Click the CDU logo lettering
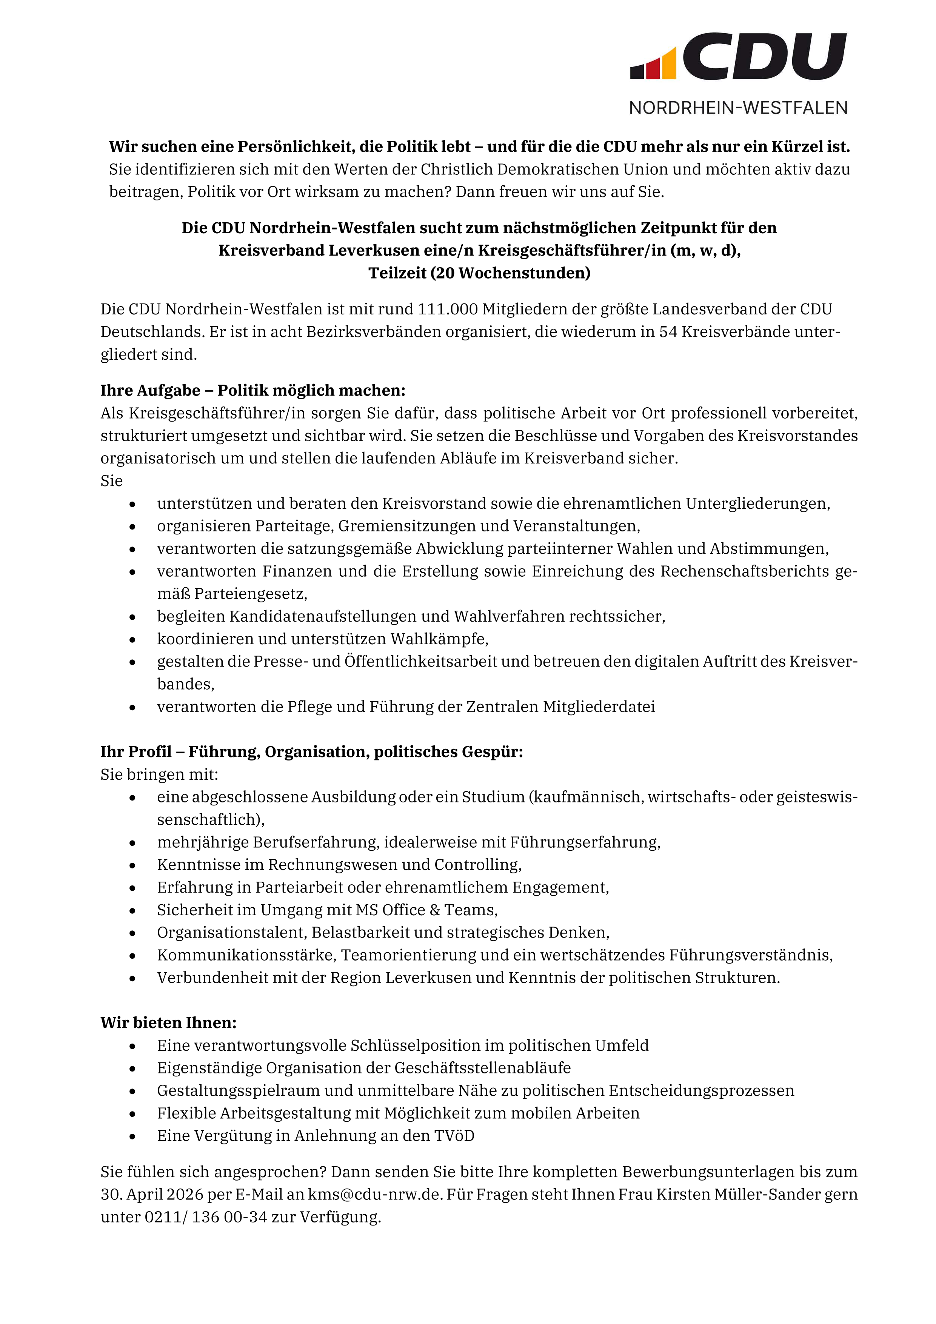(x=764, y=57)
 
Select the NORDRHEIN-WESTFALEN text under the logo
(x=738, y=108)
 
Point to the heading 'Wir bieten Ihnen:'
(x=168, y=1023)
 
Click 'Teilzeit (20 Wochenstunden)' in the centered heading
(x=479, y=273)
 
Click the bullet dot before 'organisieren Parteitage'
(x=132, y=527)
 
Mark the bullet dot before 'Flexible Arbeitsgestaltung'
(x=132, y=1113)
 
